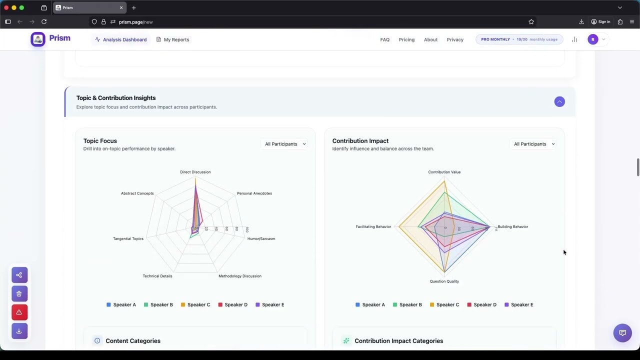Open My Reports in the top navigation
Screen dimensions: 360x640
(172, 39)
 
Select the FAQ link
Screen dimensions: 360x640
(384, 39)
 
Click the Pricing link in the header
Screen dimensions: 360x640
(406, 39)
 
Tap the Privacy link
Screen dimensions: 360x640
(455, 39)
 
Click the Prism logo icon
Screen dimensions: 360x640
(38, 39)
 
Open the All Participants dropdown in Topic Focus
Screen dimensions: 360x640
(285, 144)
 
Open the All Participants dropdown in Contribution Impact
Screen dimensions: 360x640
(534, 144)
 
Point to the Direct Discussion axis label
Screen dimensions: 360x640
(195, 172)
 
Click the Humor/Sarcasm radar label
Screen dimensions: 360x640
(261, 238)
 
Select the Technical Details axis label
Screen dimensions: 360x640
(157, 276)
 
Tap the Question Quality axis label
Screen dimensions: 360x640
(444, 281)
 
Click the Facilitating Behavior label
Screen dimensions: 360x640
(373, 227)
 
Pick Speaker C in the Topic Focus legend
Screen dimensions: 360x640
(195, 304)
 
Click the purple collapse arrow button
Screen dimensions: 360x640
(559, 102)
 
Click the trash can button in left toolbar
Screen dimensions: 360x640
(19, 293)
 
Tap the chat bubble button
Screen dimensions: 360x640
(622, 332)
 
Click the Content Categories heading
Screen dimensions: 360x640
(132, 341)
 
